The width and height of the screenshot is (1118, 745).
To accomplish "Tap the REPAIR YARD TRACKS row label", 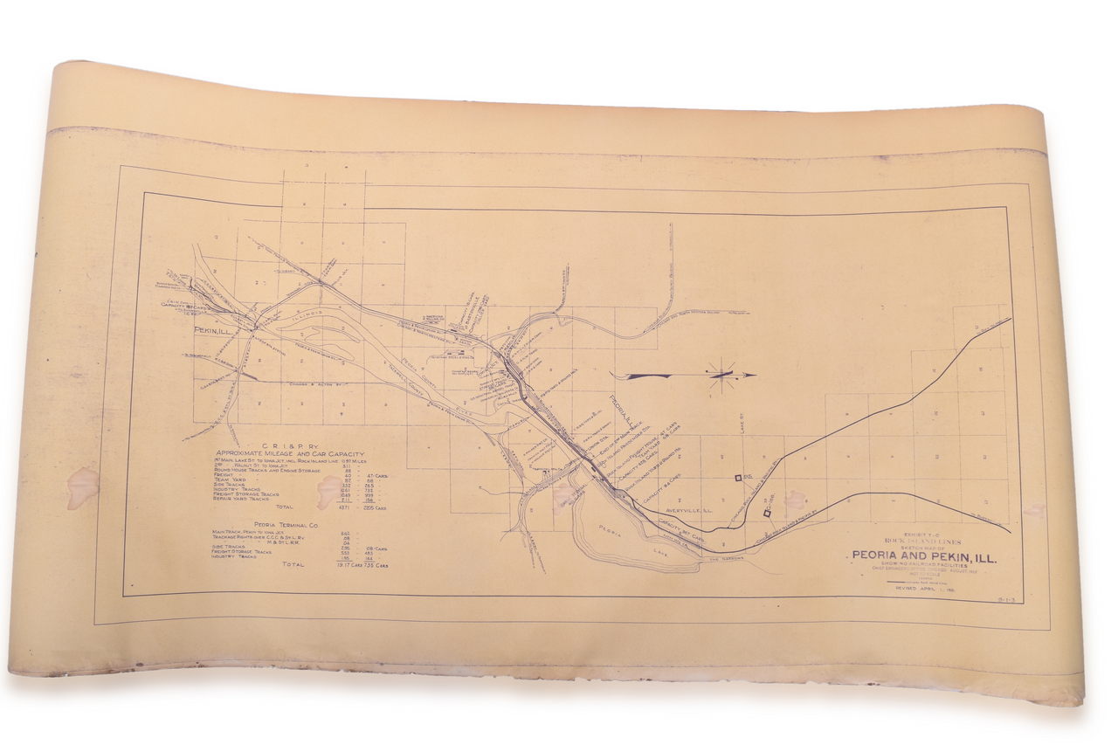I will click(x=241, y=499).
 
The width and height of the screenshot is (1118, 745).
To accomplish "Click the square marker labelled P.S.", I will click(x=739, y=477).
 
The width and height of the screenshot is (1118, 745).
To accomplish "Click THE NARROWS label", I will click(x=724, y=559).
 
